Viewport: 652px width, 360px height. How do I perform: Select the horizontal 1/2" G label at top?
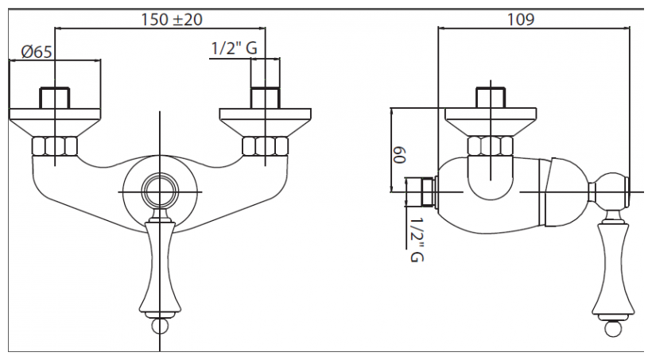coord(234,48)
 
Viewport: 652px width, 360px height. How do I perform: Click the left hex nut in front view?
coord(55,146)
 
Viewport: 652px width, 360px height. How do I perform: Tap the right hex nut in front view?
coord(264,146)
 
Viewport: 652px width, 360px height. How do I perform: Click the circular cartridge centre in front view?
coord(161,192)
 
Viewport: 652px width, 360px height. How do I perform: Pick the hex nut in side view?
coord(490,146)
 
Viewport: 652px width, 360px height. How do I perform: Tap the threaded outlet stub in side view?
coord(421,192)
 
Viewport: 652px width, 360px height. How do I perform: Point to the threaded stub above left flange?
coord(55,97)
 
